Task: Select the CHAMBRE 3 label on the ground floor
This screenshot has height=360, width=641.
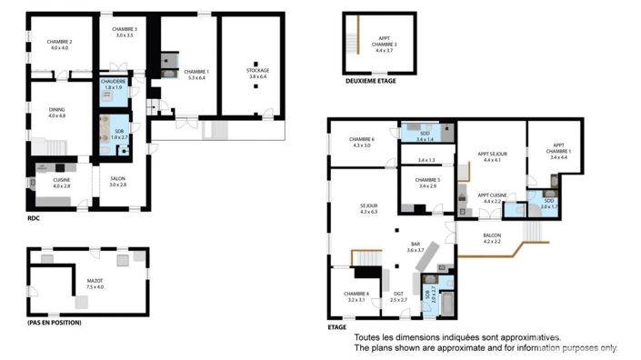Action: tap(125, 32)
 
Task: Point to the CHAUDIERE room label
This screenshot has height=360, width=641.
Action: tap(113, 84)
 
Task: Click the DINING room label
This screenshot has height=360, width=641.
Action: tap(57, 112)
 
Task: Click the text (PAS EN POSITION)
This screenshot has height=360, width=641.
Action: tap(55, 323)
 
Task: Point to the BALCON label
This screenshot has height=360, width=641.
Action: tap(492, 237)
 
